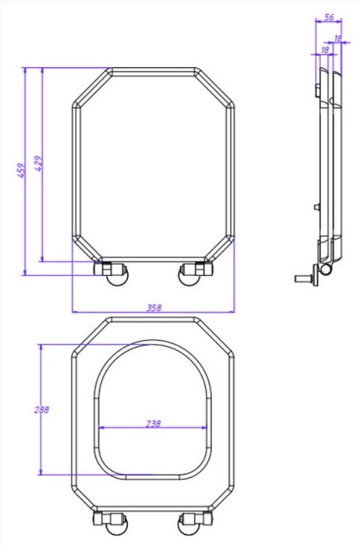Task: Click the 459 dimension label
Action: (x=22, y=170)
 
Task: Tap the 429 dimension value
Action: (x=39, y=164)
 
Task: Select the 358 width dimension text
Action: (x=154, y=308)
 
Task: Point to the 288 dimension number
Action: (x=42, y=410)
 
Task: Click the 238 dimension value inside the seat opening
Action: (x=153, y=423)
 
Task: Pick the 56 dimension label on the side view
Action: (x=328, y=17)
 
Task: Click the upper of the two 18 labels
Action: (x=338, y=38)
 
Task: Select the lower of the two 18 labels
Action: (x=324, y=50)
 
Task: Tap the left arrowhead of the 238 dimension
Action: (x=102, y=428)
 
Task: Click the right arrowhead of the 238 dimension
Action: (x=204, y=428)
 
